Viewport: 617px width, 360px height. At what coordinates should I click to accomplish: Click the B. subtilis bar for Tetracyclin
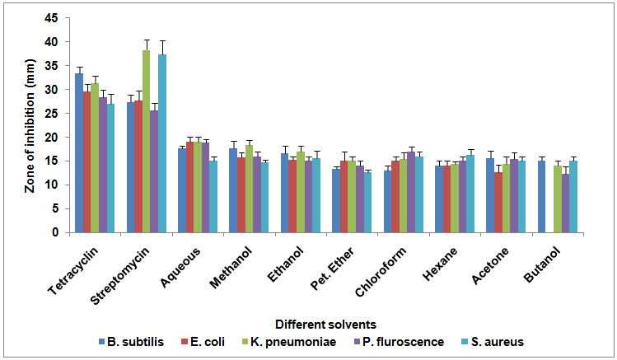(79, 153)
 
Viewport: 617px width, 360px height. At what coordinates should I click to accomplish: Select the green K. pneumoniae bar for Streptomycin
(146, 142)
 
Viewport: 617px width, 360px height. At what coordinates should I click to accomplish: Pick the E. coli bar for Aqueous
(189, 187)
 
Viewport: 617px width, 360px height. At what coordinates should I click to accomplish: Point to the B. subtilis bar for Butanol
(541, 197)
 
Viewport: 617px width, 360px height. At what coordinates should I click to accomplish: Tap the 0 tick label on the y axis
(54, 232)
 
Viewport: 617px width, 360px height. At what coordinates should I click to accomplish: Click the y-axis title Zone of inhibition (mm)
(30, 125)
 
